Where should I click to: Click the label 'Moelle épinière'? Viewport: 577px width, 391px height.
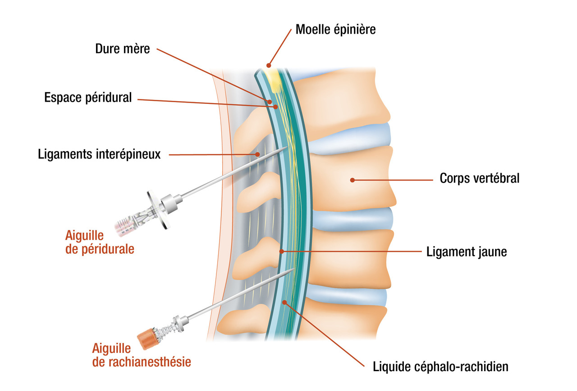click(x=335, y=30)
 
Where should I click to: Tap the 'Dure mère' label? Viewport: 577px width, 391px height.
click(x=122, y=49)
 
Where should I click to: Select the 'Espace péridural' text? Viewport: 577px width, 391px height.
click(x=88, y=97)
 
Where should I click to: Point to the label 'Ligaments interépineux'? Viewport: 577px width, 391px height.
click(x=99, y=155)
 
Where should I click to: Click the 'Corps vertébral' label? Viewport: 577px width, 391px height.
click(x=479, y=179)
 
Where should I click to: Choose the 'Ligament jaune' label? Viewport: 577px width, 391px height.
click(x=467, y=252)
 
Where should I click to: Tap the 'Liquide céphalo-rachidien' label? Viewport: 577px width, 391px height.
click(x=440, y=367)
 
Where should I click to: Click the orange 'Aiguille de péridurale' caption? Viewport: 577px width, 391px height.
click(x=100, y=242)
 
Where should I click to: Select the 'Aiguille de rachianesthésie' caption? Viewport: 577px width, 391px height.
click(x=142, y=355)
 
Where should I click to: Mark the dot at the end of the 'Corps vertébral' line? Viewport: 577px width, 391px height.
click(x=353, y=180)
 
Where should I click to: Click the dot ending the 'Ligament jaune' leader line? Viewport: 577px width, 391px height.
click(x=282, y=252)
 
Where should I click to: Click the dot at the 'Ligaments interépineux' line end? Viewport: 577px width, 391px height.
click(x=257, y=154)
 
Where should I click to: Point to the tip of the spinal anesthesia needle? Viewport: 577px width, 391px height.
click(x=294, y=269)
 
